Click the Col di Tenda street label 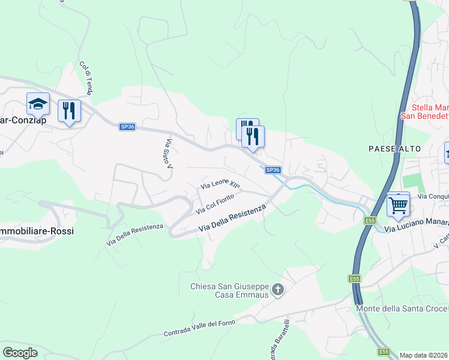86,79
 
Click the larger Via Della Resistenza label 232,218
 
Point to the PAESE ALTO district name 396,148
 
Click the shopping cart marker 398,205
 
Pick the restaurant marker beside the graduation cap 69,110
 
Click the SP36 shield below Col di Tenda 127,127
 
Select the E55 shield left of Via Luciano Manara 370,221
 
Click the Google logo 20,353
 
